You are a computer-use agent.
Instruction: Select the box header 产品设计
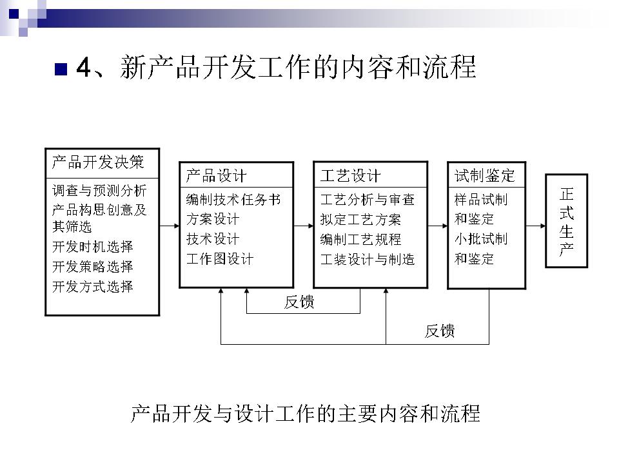pos(216,175)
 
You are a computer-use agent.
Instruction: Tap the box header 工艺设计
pos(350,175)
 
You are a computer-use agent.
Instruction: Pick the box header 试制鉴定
pos(484,175)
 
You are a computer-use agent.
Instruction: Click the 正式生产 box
pos(567,220)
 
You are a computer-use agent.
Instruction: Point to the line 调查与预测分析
pos(99,191)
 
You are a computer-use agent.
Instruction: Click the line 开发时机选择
pos(93,247)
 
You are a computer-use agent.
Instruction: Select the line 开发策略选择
pos(93,267)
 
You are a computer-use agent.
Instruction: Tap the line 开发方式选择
pos(93,286)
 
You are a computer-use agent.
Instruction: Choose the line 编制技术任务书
pos(233,200)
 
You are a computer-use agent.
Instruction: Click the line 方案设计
pos(213,219)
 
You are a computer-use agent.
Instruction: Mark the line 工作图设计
pos(220,259)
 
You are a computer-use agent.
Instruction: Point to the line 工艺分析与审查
pos(368,200)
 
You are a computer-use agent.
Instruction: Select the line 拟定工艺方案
pos(360,219)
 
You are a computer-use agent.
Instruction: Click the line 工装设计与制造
pos(368,259)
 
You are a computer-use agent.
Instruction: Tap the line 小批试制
pos(481,239)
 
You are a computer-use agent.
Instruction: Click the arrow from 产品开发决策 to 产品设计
pos(169,226)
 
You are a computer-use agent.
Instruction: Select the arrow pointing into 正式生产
pos(535,226)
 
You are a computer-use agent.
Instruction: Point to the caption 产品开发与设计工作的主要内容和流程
pos(306,413)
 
